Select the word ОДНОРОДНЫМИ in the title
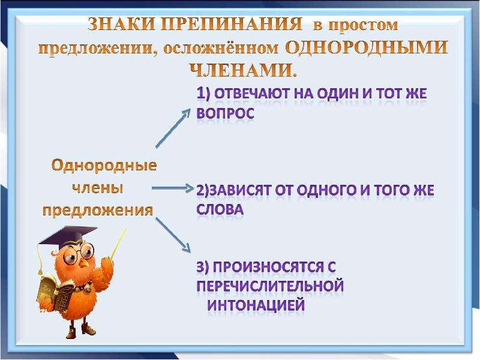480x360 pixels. [367, 47]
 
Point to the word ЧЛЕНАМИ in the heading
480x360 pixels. [244, 70]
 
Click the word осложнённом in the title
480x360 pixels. [221, 49]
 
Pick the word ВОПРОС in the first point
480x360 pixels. [226, 113]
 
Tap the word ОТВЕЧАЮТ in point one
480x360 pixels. [252, 94]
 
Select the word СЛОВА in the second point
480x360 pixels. [220, 209]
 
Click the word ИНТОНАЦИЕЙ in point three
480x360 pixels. [256, 305]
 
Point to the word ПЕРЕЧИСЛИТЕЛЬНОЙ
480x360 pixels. [270, 286]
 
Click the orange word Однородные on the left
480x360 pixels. [104, 166]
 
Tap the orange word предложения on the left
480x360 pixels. [98, 211]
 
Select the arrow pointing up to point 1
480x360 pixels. [173, 128]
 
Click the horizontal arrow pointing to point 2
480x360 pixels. [173, 188]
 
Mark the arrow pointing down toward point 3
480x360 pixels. [173, 235]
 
